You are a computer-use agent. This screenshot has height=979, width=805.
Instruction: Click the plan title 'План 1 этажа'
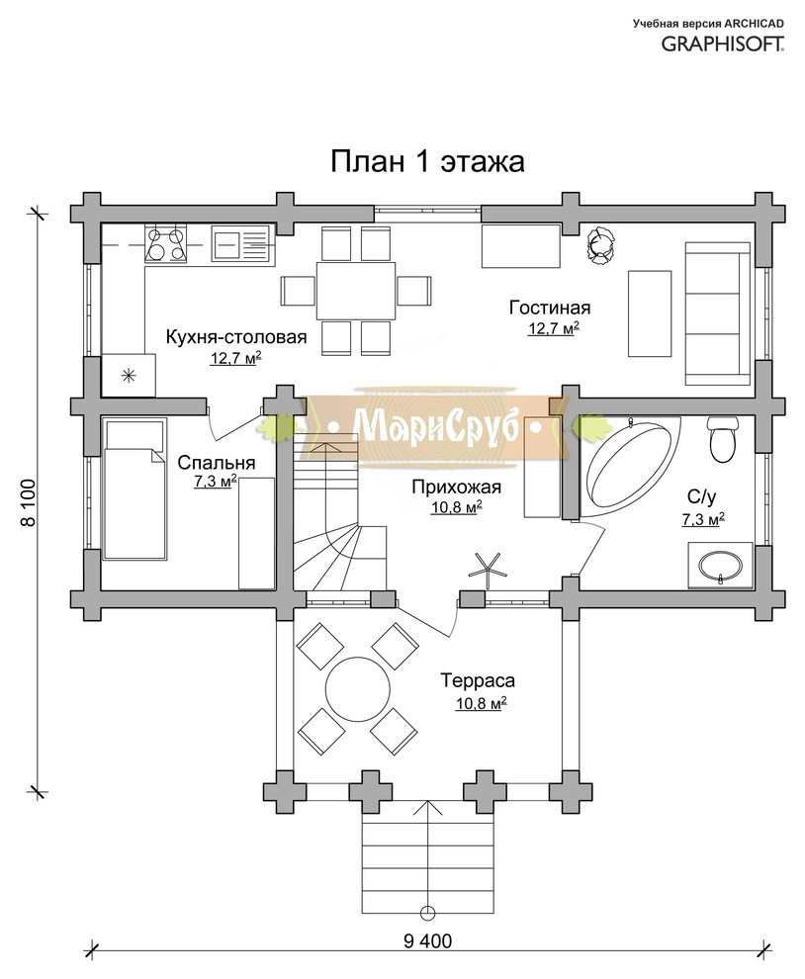coord(427,162)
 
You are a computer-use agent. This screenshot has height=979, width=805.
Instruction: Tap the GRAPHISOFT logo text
coord(723,44)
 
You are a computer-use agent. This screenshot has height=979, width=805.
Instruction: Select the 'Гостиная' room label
coord(550,308)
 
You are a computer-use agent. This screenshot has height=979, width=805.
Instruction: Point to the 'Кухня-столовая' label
coord(236,337)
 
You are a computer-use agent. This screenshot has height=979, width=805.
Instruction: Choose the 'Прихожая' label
coord(456,487)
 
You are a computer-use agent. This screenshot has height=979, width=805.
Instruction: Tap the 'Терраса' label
coord(478,680)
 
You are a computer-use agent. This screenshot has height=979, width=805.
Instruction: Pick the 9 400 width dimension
coord(427,940)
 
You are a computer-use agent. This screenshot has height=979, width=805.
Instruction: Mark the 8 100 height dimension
coord(29,502)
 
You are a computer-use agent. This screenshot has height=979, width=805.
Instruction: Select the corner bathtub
coord(631,465)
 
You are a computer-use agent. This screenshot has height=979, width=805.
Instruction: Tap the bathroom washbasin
coord(721,565)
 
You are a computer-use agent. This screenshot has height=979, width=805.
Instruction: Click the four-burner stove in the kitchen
coord(165,244)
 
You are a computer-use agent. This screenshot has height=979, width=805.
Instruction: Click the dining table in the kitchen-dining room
coord(356,291)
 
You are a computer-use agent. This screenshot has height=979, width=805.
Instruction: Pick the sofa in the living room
coord(718,313)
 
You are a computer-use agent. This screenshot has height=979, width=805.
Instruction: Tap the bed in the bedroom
coord(134,489)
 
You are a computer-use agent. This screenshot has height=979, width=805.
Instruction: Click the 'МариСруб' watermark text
coord(436,427)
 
